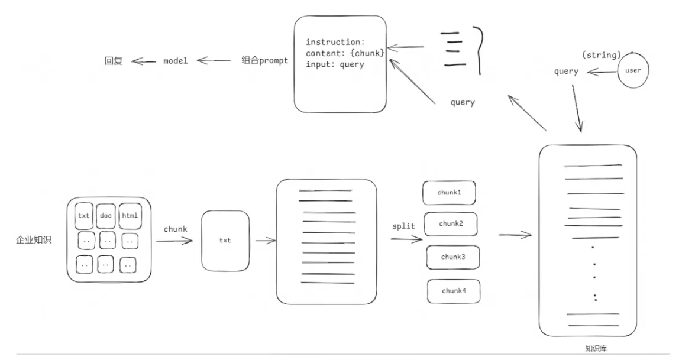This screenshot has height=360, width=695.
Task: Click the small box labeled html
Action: tap(130, 216)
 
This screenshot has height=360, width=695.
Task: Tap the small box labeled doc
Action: tap(105, 216)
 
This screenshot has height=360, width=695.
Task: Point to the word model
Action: tap(176, 61)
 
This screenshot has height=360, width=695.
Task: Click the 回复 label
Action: tap(114, 61)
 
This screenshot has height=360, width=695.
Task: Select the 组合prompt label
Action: tap(264, 60)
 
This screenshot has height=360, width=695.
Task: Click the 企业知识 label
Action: tap(34, 240)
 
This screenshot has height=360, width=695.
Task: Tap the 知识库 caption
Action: tap(596, 349)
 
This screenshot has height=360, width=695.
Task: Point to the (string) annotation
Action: tap(602, 55)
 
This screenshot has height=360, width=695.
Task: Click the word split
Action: tap(403, 226)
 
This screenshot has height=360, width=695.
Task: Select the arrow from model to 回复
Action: tap(144, 61)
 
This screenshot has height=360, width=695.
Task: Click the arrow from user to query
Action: tap(602, 72)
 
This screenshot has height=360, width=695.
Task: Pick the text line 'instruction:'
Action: tap(335, 42)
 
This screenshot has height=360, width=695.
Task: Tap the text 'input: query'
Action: tap(335, 64)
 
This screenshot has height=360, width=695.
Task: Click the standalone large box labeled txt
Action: tap(225, 241)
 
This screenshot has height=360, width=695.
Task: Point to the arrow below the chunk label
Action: tap(174, 241)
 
